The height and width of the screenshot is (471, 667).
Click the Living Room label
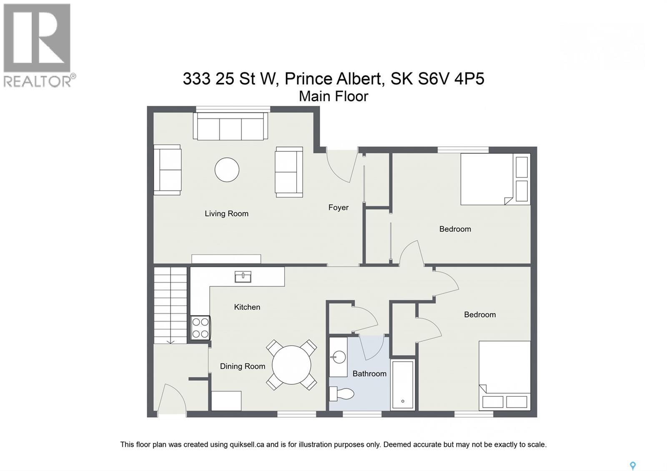pos(226,214)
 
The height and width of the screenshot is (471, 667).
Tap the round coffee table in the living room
pos(227,170)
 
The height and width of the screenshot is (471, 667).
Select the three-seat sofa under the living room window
pos(230,126)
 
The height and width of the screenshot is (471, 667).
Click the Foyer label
pos(338,208)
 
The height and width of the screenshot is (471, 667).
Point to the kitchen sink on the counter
pos(243,276)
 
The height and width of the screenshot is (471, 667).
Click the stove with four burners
pos(200,328)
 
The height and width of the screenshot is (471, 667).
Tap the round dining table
pos(291,365)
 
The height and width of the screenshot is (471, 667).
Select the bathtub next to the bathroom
pos(403,384)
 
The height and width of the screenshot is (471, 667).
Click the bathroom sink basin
pos(339,358)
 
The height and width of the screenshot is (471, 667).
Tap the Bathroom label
pos(369,374)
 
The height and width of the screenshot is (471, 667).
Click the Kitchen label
pos(247,307)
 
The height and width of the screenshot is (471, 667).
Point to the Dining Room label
pos(242,366)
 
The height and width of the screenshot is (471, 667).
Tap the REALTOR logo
pos(38,45)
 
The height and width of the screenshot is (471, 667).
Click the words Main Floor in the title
pos(333,96)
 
